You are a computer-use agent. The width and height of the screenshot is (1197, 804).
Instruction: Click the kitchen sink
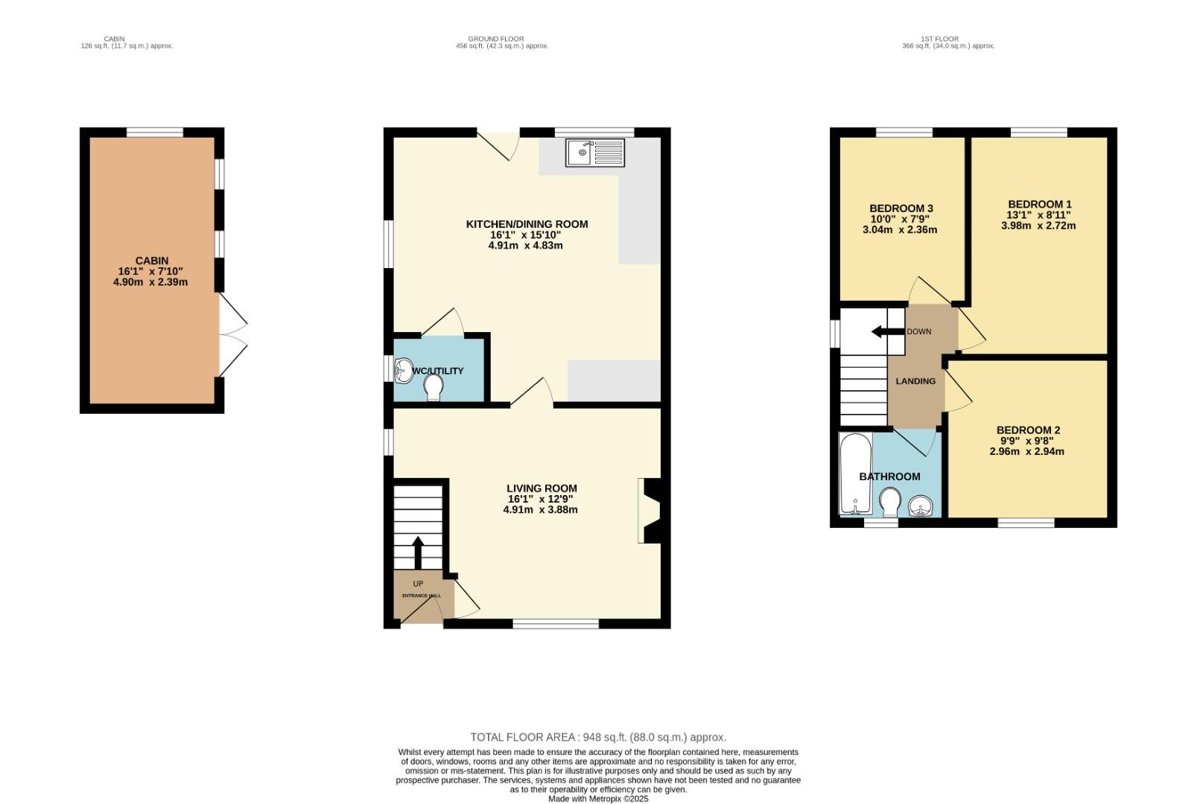coord(594,153)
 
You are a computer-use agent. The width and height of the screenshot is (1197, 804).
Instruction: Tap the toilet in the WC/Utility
coord(434,387)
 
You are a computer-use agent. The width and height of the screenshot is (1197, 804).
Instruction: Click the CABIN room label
coord(151,261)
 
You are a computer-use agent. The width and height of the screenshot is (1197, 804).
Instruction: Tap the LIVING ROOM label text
coord(542,488)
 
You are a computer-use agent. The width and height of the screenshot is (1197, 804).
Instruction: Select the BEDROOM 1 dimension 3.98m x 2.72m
coord(1038,226)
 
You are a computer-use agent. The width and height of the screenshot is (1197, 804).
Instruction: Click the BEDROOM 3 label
coord(901,208)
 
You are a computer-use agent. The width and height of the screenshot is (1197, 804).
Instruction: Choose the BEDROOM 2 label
coord(1027,430)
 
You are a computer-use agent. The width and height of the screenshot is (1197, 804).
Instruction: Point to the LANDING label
coord(915,381)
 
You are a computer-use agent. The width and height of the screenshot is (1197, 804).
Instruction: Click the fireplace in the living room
coord(650,511)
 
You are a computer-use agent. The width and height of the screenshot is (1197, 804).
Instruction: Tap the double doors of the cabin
coord(232,335)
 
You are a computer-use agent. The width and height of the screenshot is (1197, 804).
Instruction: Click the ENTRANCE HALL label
coord(421,596)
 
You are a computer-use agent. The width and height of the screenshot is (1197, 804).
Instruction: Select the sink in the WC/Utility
coord(403,370)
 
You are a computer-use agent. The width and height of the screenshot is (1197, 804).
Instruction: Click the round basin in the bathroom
coord(922,507)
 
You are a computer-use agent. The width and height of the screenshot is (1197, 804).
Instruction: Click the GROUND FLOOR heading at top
coord(495,39)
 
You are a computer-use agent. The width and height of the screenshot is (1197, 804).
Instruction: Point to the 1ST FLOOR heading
coord(939,39)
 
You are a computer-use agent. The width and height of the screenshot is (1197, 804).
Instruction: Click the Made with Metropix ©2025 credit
coord(598,799)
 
